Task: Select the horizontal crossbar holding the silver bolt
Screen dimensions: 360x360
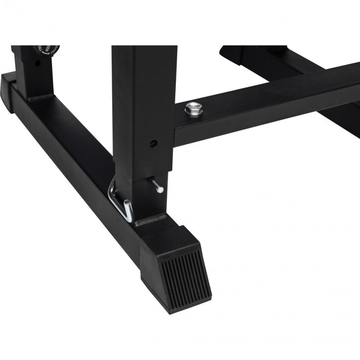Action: pos(268,99)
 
